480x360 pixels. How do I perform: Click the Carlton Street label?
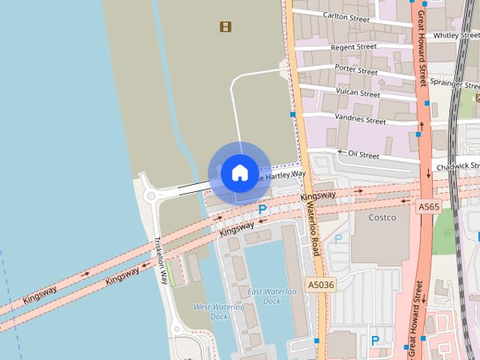click(346, 16)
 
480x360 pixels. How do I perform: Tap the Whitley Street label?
click(456, 34)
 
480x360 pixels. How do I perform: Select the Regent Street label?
click(353, 46)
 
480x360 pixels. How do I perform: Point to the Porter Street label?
click(355, 70)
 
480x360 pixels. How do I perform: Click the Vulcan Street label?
click(358, 94)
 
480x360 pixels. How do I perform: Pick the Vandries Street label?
click(360, 119)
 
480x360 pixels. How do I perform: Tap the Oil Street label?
click(364, 154)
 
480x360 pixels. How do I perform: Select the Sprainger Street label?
click(454, 84)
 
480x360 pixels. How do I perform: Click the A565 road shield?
click(428, 206)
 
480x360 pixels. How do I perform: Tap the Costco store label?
click(383, 217)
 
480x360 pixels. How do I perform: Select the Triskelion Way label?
click(160, 261)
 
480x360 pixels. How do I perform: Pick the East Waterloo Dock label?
click(264, 296)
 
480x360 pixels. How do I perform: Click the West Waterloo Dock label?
click(218, 311)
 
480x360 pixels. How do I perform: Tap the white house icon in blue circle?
click(239, 172)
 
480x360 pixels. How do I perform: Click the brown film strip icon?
click(225, 27)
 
